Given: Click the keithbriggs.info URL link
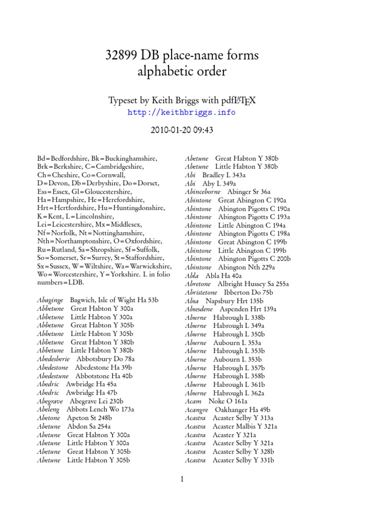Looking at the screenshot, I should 182,112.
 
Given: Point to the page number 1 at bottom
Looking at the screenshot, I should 183,480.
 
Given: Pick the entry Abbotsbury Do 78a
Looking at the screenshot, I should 104,359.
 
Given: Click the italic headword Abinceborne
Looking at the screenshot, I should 202,192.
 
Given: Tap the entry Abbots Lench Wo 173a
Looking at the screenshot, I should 100,409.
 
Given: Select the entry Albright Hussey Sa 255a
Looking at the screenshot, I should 246,284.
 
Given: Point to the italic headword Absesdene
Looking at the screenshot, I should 199,309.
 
